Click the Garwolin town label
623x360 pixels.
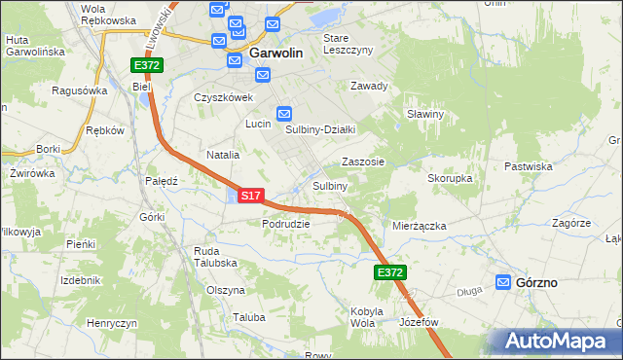280,54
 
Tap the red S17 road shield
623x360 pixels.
250,196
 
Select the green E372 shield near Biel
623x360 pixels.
147,65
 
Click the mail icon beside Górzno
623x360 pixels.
503,282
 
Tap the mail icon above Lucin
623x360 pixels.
284,113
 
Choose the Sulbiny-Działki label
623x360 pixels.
320,129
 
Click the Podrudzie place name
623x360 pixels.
285,223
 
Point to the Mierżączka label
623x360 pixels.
419,226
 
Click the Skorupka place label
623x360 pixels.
450,179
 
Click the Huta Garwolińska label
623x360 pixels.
34,46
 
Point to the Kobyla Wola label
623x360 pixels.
362,316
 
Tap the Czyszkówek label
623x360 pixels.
223,97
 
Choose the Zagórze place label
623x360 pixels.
571,223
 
